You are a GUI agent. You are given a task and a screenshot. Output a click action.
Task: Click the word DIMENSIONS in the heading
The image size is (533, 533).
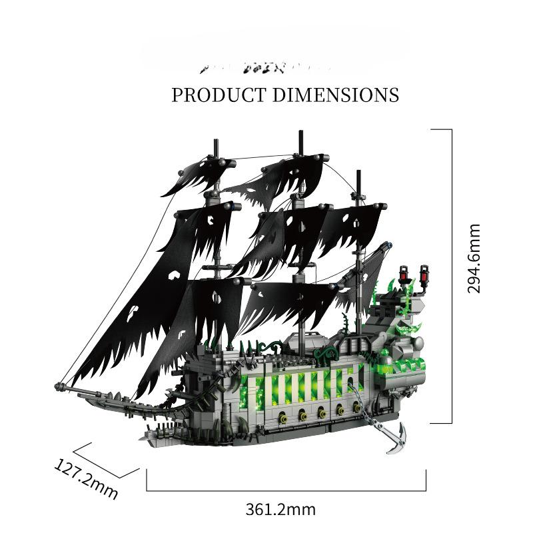point(336,95)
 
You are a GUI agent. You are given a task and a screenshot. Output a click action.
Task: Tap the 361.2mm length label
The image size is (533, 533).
point(280,510)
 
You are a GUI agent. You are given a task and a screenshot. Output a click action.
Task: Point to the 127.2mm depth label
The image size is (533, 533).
point(86,478)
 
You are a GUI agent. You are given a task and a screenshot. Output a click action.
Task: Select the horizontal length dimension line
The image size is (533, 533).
point(286,490)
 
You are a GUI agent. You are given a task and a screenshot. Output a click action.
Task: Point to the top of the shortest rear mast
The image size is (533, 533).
point(359,173)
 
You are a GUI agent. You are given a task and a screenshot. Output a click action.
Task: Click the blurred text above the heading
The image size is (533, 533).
point(266,67)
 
